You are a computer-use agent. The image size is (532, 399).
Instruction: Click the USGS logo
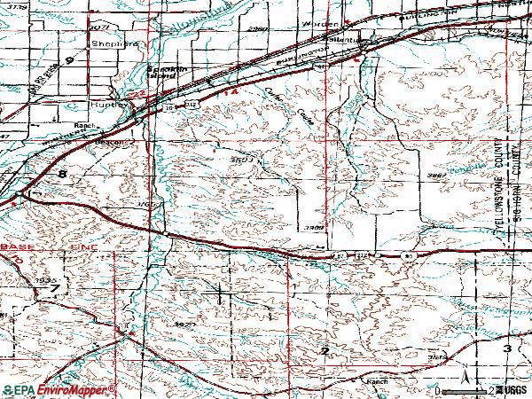(x=512, y=390)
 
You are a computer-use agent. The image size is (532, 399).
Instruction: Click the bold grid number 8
(x=62, y=176)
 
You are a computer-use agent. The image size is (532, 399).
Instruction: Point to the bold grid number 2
(x=325, y=352)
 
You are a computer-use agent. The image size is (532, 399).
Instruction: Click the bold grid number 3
(x=508, y=349)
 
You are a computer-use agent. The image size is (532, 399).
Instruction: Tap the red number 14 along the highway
(x=232, y=91)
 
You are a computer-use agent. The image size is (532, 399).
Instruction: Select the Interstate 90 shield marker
(x=407, y=255)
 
